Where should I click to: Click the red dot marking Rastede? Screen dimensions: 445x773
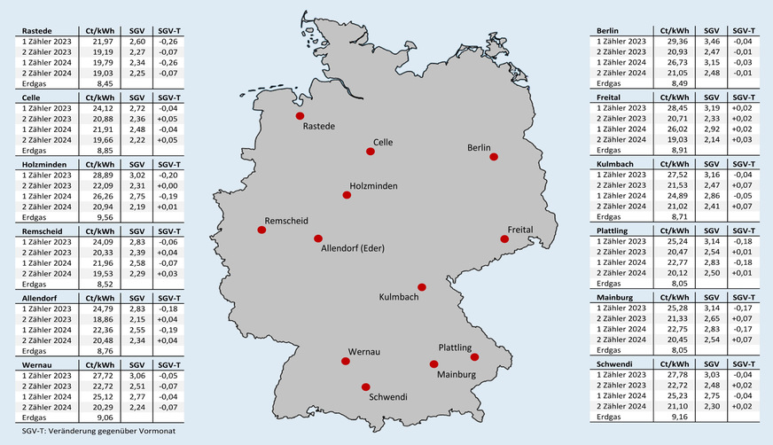coord(300,116)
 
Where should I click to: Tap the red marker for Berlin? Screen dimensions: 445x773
coord(494,157)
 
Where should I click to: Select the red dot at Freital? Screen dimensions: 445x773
coord(504,238)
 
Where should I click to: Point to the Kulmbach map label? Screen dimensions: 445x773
coord(401,297)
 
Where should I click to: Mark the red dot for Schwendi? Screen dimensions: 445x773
coord(366,386)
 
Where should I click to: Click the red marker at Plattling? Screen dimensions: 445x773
coord(474,357)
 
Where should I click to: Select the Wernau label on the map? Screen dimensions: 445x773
coord(363,352)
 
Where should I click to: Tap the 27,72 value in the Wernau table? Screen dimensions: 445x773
coord(105,376)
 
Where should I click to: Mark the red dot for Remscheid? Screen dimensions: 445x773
coord(262,230)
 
